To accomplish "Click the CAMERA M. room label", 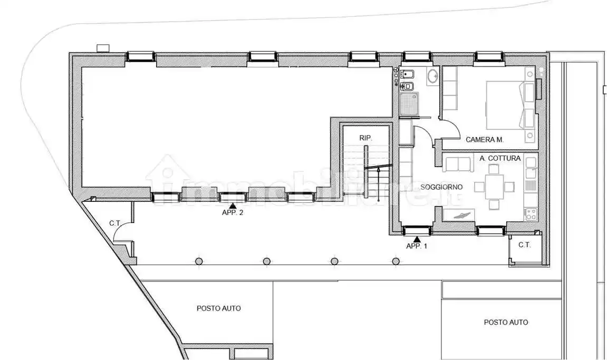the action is [x=485, y=140].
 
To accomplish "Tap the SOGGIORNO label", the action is [x=442, y=187].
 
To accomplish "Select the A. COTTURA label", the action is [x=500, y=158].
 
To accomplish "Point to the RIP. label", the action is [x=366, y=138].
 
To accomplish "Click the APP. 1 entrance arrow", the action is [x=417, y=239].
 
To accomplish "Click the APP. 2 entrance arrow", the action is [x=233, y=206].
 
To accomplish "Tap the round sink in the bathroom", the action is [x=432, y=75].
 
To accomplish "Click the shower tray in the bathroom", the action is [x=410, y=103].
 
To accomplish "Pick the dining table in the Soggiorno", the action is [x=494, y=187].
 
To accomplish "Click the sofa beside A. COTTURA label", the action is [x=458, y=163].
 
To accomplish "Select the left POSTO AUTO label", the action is [x=219, y=308].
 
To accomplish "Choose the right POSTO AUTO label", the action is [x=506, y=323].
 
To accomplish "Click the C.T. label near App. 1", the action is [x=525, y=245].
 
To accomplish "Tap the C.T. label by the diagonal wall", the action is [x=115, y=223].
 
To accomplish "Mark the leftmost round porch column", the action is [x=199, y=261].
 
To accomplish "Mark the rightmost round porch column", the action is [x=396, y=261].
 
